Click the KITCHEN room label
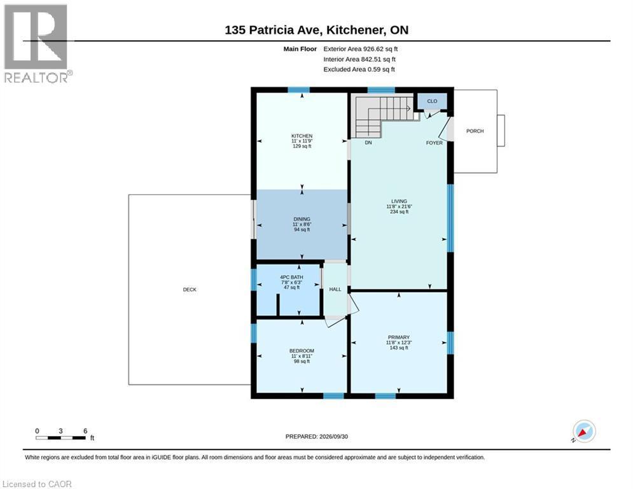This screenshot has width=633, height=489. (x=302, y=136)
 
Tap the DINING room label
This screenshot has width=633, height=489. (x=302, y=219)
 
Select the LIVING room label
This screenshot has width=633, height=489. (x=399, y=201)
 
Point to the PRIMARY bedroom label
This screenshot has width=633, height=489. (x=399, y=337)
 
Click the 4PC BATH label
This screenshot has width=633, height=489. (x=291, y=277)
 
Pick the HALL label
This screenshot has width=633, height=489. (x=335, y=289)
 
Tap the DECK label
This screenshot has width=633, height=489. (x=190, y=289)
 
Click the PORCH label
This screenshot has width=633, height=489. (x=475, y=131)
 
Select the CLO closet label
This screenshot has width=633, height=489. (x=432, y=101)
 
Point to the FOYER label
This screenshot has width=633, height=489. (x=435, y=143)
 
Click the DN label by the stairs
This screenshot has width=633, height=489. (x=368, y=143)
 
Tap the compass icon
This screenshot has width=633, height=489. (x=584, y=432)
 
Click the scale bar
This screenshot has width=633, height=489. (x=60, y=437)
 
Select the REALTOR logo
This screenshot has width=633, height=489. (x=36, y=44)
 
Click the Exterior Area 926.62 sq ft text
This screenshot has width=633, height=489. (x=361, y=49)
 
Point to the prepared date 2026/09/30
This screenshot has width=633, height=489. (x=333, y=436)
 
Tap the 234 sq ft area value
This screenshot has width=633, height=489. (x=399, y=212)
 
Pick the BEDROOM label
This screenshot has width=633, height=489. (x=302, y=351)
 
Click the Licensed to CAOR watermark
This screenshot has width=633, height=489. (x=37, y=484)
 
